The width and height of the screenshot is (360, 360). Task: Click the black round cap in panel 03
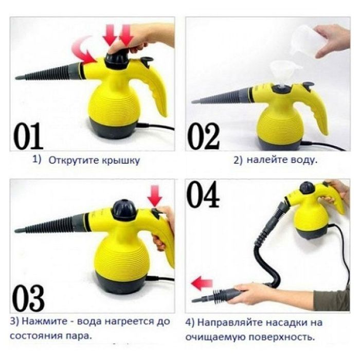(x=124, y=208)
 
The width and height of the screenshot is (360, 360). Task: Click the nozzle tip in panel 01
(x=21, y=78)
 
